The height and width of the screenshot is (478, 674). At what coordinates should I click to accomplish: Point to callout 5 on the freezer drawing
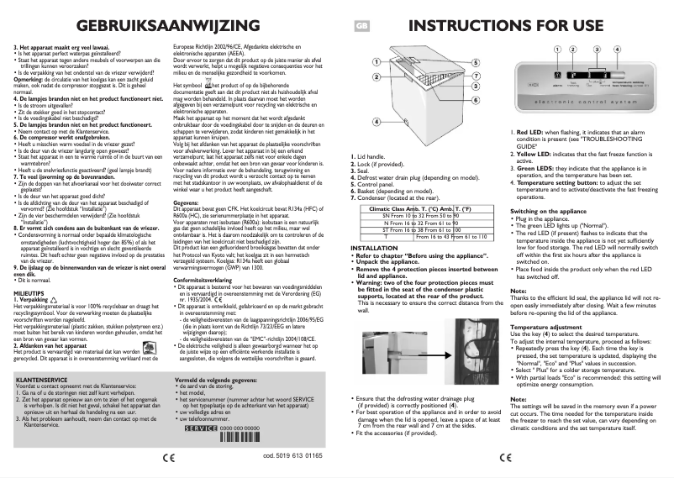(x=476, y=62)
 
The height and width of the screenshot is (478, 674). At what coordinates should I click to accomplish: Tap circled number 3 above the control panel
(x=597, y=49)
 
